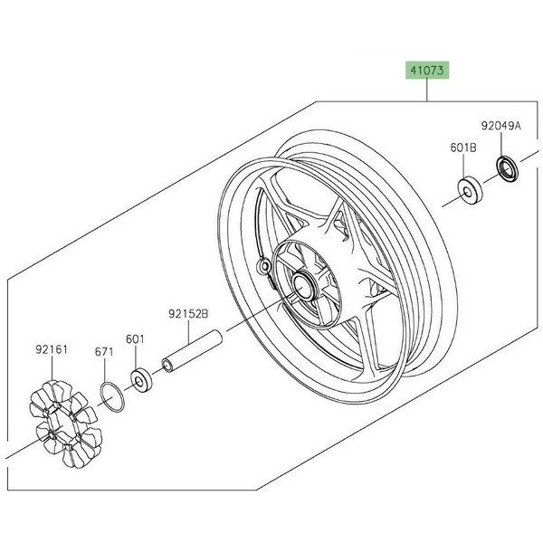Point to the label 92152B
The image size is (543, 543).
(187, 315)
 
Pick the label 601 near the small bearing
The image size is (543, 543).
(135, 339)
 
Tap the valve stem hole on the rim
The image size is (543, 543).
(263, 267)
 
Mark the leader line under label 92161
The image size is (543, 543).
(53, 367)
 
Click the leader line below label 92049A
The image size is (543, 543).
(504, 145)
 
